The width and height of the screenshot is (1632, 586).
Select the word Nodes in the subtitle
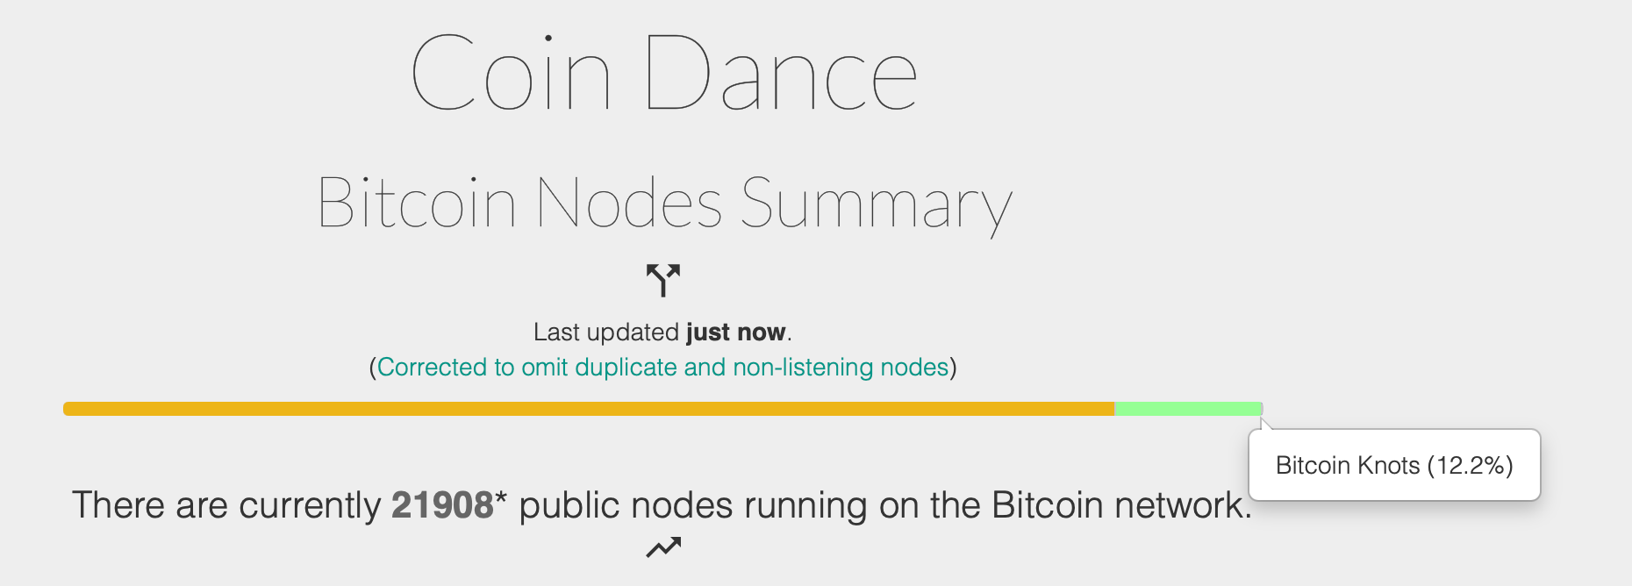point(629,203)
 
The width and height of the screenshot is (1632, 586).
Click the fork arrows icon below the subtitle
point(663,280)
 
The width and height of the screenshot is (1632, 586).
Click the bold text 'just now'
point(736,332)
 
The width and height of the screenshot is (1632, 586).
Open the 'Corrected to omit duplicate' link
point(663,367)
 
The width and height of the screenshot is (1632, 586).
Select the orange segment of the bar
point(589,409)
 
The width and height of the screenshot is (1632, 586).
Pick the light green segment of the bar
point(1188,409)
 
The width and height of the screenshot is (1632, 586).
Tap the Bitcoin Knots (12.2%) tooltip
point(1394,465)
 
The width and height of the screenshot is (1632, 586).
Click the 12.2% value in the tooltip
point(1470,466)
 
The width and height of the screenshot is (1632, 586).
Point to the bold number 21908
point(442,505)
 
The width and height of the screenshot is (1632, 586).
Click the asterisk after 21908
point(501,498)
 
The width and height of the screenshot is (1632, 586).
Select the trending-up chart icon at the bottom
point(663,547)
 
